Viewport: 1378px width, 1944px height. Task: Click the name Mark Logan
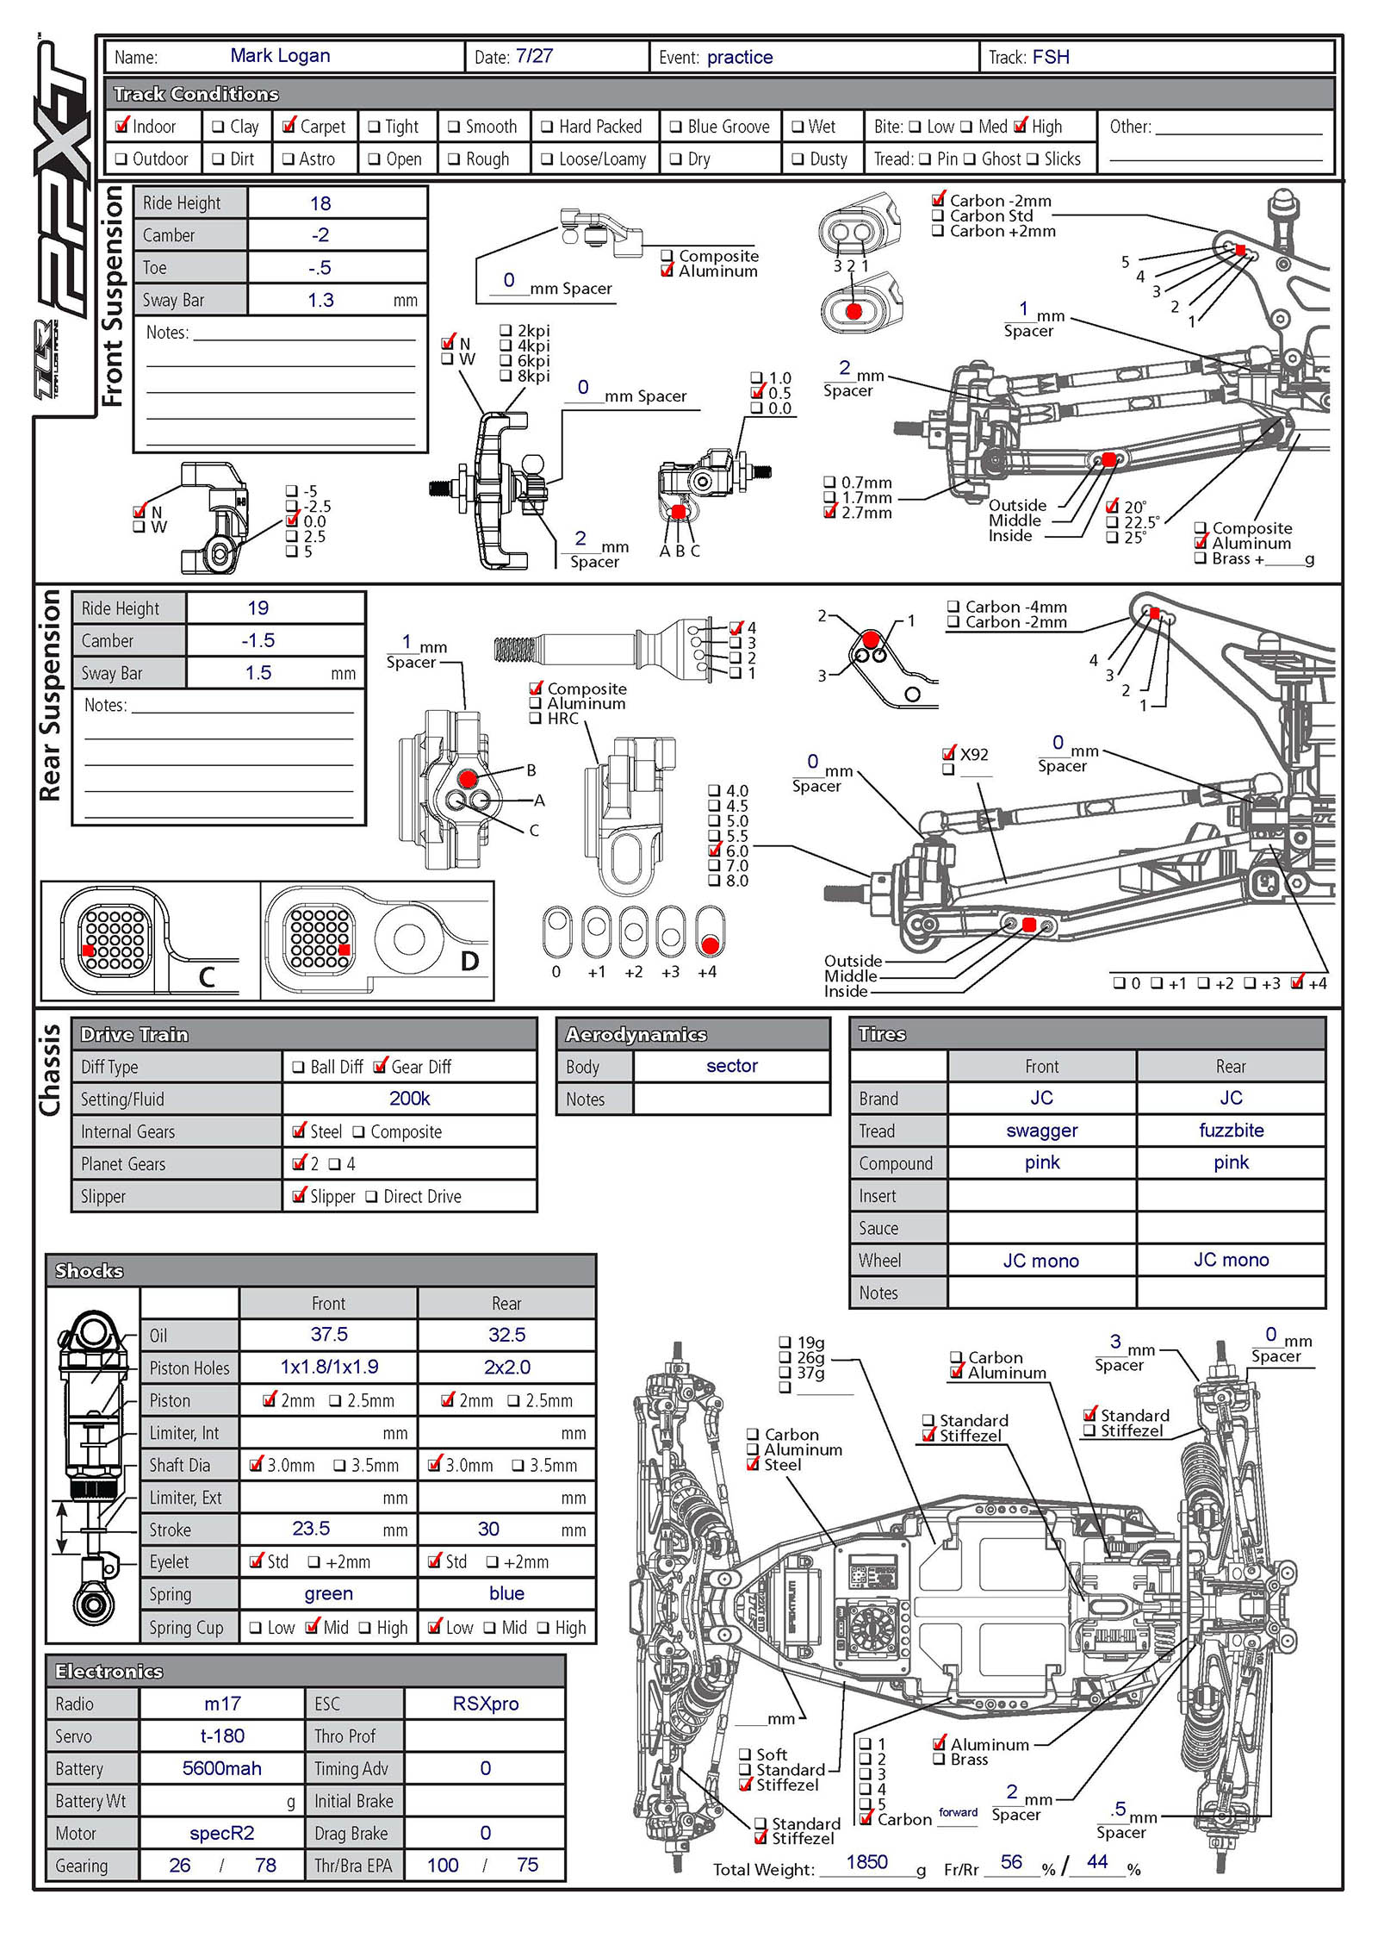280,56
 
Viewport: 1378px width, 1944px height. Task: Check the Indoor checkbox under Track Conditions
122,126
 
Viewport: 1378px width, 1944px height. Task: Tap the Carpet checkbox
289,126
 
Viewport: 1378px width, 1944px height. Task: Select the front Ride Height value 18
320,203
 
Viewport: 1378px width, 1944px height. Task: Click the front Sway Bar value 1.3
320,300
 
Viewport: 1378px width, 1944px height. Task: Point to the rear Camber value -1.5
258,640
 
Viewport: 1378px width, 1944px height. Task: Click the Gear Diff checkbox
380,1067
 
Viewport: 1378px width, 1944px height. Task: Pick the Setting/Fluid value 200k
409,1099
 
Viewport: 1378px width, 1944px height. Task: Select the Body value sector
732,1066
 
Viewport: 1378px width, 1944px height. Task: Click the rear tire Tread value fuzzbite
1231,1131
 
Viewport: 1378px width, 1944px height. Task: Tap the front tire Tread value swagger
1041,1131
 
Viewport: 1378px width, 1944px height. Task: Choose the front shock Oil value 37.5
329,1335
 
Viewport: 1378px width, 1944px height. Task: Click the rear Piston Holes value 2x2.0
506,1368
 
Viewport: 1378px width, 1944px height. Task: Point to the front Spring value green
328,1594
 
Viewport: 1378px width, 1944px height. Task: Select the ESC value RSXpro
486,1704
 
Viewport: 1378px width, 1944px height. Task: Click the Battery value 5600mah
221,1768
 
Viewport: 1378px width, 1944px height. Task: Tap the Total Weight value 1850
866,1862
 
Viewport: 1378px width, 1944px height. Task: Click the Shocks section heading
89,1271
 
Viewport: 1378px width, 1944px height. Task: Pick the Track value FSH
1051,57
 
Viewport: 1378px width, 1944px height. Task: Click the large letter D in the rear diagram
469,961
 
